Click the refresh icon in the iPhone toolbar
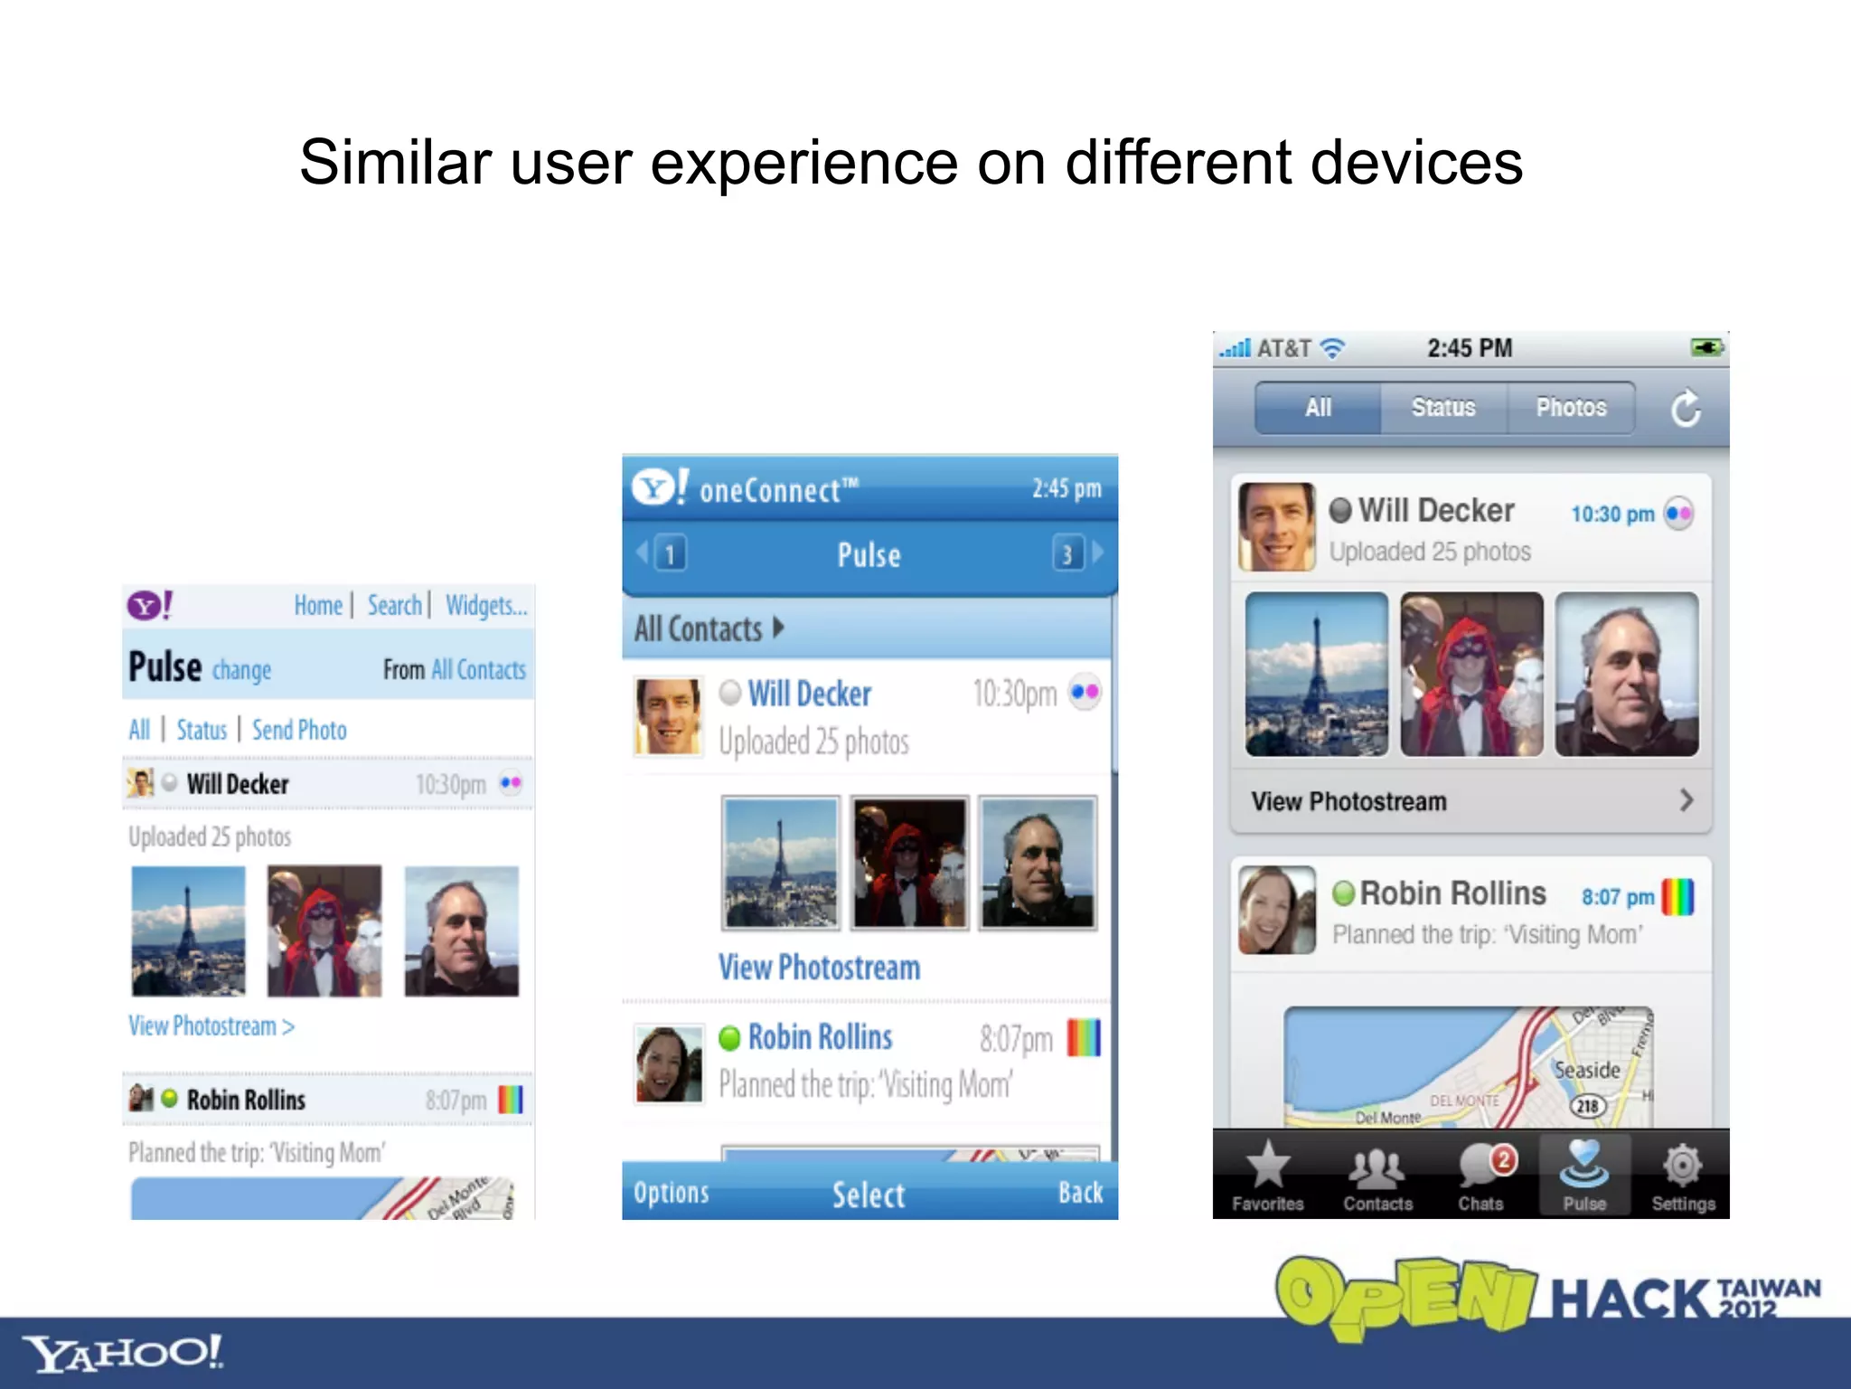[1685, 409]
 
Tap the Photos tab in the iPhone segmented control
[1571, 408]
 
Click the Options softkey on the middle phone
[672, 1193]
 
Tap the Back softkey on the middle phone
[1080, 1193]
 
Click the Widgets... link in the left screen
[485, 605]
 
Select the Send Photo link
[299, 730]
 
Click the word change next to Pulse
[241, 670]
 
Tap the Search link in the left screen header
[394, 605]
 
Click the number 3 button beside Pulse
[1067, 553]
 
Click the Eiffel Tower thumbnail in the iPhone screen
[1316, 675]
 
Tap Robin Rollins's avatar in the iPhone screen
[1275, 910]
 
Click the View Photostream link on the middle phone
[819, 968]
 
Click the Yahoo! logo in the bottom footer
[122, 1353]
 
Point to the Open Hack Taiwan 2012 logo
[1546, 1297]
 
